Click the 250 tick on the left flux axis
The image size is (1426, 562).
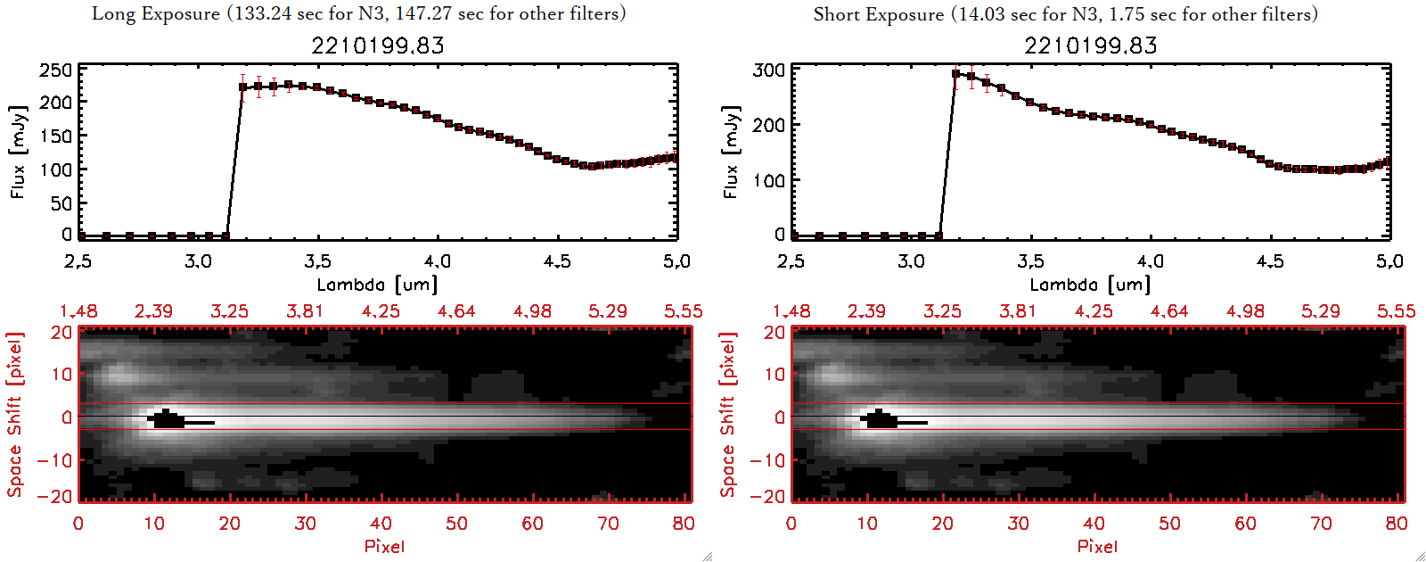pos(55,70)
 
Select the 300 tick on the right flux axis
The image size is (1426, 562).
pos(768,70)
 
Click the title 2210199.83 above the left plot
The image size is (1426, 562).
pos(378,45)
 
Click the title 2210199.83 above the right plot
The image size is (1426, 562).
pos(1091,45)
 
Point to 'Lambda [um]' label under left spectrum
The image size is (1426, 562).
pos(377,285)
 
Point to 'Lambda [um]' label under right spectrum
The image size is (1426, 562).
pos(1090,285)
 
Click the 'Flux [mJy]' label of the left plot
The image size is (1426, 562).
pos(19,152)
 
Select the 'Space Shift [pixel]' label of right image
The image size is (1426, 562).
pos(728,415)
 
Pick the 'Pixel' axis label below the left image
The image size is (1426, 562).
pos(384,546)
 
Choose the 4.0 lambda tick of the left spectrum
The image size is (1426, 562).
pos(437,261)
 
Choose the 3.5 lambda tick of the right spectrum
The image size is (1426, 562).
pos(1030,261)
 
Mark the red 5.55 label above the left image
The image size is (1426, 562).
pos(683,311)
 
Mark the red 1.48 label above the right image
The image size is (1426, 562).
pos(791,311)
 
